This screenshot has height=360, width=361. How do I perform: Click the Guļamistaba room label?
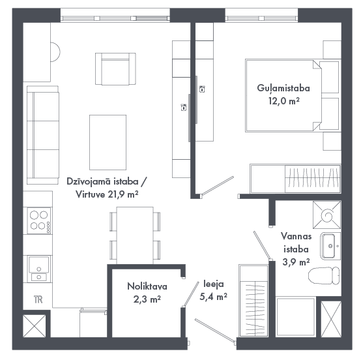(283, 88)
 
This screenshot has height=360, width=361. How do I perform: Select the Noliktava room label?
(147, 286)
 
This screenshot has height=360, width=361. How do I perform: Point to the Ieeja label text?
(214, 284)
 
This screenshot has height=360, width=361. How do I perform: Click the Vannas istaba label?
(296, 243)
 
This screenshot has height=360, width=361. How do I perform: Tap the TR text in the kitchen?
(38, 299)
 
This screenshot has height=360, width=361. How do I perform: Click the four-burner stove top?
(39, 220)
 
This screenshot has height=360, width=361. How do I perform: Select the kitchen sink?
(39, 269)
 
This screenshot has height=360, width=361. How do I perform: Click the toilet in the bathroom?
(324, 276)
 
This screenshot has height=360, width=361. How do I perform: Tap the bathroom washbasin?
(330, 246)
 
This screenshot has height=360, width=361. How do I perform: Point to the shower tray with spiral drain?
(326, 215)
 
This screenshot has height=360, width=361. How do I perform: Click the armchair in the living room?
(115, 68)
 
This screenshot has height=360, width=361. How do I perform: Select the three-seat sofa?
(43, 135)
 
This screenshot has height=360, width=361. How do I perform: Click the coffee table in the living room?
(108, 142)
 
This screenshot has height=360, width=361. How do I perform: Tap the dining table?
(135, 235)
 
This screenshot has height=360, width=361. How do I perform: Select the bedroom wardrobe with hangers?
(295, 179)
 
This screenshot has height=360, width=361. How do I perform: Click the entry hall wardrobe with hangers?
(253, 301)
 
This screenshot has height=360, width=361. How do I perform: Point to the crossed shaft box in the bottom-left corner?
(35, 326)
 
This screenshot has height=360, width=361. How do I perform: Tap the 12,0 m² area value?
(284, 101)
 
